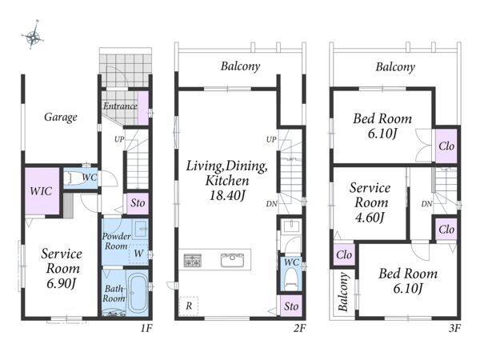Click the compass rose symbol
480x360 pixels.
[33, 37]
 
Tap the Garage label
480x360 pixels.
[61, 117]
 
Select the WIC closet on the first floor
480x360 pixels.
[42, 191]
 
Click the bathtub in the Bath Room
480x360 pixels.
[138, 292]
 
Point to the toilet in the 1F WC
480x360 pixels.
[73, 178]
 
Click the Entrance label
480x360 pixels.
[120, 106]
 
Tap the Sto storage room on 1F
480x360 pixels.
[138, 203]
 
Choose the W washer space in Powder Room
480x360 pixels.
[138, 254]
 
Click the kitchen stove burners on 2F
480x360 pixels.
[192, 260]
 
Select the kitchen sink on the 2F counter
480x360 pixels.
[232, 260]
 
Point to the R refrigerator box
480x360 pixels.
[189, 306]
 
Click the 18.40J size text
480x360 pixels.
[227, 196]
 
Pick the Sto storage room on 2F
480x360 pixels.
[291, 306]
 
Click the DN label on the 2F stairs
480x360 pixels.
[271, 203]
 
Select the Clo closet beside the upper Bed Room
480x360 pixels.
[446, 146]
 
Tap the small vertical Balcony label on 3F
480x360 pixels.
[343, 292]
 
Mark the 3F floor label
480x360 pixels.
[455, 329]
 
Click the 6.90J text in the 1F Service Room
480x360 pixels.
[62, 283]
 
